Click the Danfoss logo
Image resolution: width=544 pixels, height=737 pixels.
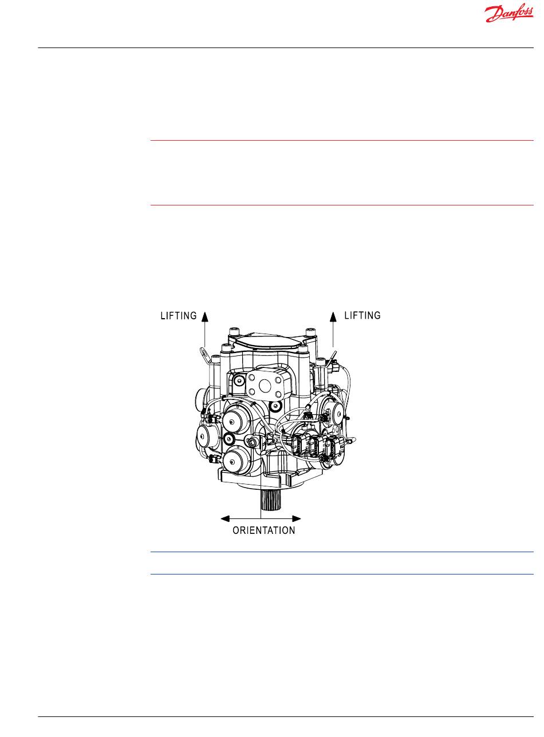[x=508, y=14]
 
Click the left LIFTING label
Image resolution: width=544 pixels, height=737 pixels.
[x=179, y=316]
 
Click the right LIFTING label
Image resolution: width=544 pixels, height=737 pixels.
[x=362, y=315]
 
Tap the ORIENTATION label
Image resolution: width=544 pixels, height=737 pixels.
[x=264, y=530]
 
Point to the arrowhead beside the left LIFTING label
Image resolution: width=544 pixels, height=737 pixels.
[x=205, y=316]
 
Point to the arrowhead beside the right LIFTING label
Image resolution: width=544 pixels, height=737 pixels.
[x=333, y=316]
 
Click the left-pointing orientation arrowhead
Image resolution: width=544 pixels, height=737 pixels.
[x=225, y=519]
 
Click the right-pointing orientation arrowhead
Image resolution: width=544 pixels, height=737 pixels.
[x=297, y=519]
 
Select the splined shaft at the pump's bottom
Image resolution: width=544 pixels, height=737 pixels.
[x=270, y=501]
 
